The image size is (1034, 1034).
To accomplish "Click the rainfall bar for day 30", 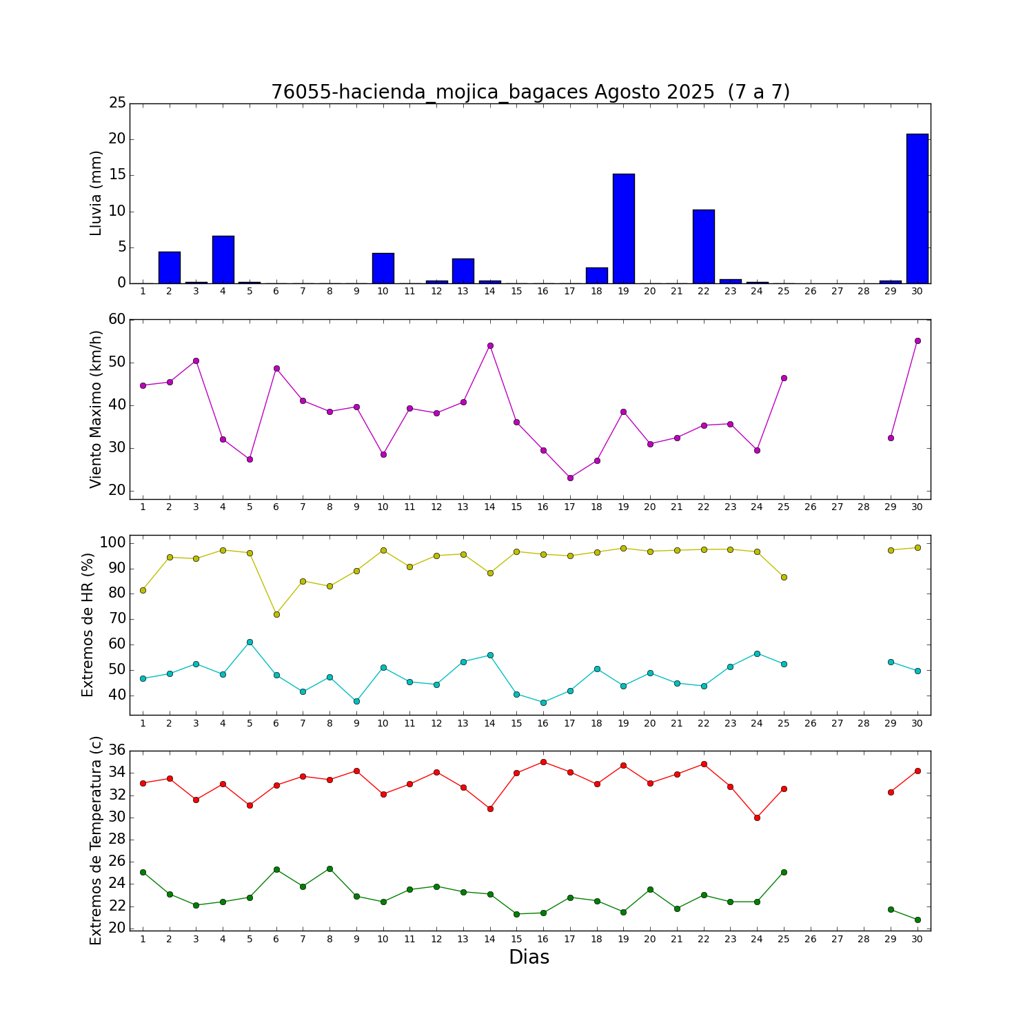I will click(x=917, y=208).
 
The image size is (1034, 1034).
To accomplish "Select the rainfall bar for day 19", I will click(x=623, y=228).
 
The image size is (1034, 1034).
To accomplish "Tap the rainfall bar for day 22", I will click(x=703, y=246).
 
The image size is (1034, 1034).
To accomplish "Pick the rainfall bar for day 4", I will click(x=223, y=259).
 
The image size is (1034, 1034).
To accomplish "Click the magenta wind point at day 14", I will click(x=490, y=345).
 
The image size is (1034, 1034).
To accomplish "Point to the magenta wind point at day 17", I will click(x=570, y=478).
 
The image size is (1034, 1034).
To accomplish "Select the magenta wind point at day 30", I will click(x=917, y=341).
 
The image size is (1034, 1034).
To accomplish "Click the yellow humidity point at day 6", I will click(x=276, y=614).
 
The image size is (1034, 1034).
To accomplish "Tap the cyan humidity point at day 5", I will click(x=250, y=642).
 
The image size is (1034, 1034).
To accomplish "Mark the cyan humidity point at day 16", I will click(x=543, y=702).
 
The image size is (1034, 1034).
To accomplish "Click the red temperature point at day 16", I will click(x=543, y=762).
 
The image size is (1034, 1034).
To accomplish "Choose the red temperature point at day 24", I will click(x=757, y=818).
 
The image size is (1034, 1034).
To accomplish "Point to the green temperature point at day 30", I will click(x=917, y=920).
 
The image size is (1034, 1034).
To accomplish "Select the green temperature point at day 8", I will click(x=330, y=869).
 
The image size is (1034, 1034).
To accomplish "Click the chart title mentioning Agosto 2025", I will click(x=530, y=92).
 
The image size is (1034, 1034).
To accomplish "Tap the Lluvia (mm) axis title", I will click(x=96, y=193).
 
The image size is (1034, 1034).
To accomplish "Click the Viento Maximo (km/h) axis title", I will click(x=96, y=409).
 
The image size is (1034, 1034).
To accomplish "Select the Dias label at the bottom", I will click(x=529, y=957).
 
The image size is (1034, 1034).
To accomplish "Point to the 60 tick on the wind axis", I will click(x=117, y=319).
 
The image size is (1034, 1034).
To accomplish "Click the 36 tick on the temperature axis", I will click(x=117, y=751).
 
